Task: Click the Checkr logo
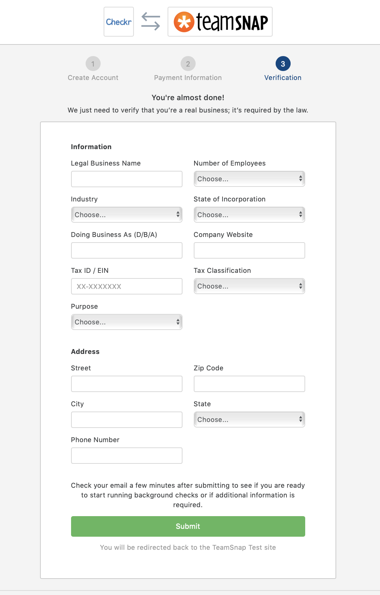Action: tap(119, 22)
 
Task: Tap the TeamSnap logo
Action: tap(220, 22)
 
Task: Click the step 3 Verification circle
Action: tap(283, 64)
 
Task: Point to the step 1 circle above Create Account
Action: tap(93, 64)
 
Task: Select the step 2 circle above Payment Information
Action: tap(188, 64)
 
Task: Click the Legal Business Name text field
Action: tap(126, 179)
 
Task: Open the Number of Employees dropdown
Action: tap(249, 179)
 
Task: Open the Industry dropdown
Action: tap(126, 215)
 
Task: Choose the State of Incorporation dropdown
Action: tap(249, 215)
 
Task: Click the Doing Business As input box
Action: tap(126, 250)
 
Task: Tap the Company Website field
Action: tap(249, 250)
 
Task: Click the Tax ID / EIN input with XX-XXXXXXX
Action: tap(126, 286)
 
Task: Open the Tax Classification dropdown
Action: tap(249, 286)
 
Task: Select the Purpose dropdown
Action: tap(126, 322)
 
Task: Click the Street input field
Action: tap(126, 384)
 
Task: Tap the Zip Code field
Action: tap(249, 384)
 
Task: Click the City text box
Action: tap(126, 420)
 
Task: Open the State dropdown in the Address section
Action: tap(249, 420)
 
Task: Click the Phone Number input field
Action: tap(126, 456)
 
